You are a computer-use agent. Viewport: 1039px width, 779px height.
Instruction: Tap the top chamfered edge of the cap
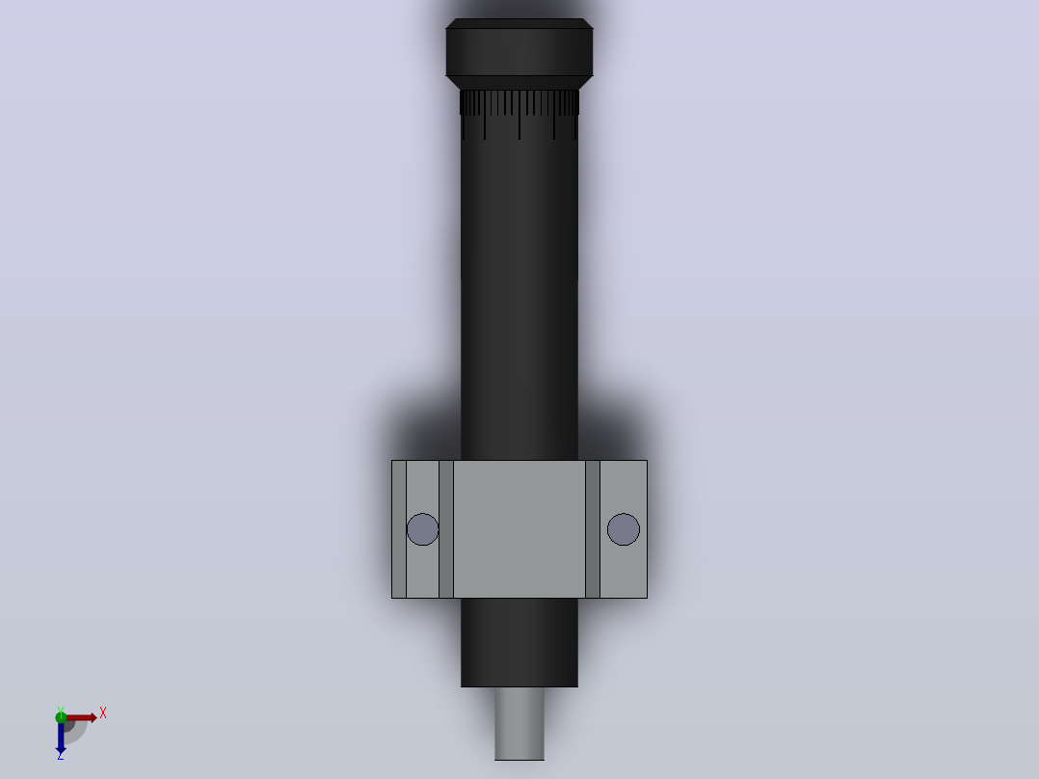[519, 24]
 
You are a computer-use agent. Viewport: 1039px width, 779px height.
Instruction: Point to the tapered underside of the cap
[519, 83]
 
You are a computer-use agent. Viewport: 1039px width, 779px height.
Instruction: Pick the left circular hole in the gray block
[423, 529]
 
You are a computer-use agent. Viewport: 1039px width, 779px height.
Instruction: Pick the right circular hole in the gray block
[624, 529]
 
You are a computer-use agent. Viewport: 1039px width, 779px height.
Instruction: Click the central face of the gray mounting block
[519, 529]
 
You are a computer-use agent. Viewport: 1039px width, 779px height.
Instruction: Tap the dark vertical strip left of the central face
[446, 529]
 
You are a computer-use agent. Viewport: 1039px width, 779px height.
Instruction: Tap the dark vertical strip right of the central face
[593, 529]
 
